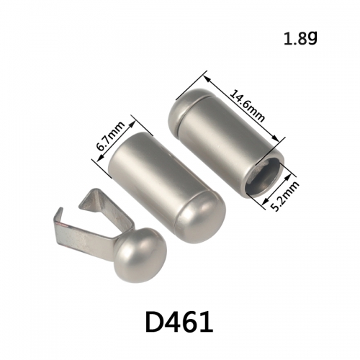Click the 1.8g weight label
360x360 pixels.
tap(300, 38)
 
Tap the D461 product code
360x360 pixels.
tap(179, 322)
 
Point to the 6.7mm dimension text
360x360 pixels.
tap(111, 136)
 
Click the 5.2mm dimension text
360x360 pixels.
tap(287, 197)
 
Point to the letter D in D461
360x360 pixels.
tap(154, 322)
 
